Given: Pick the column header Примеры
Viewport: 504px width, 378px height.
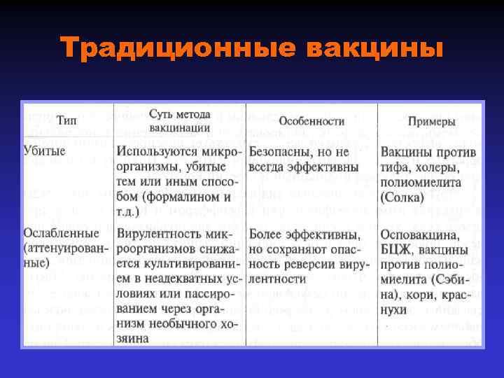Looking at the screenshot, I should (x=428, y=120).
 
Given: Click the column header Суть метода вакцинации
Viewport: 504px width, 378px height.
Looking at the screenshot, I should (x=180, y=120).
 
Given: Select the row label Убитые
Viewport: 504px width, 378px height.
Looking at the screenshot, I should (x=45, y=151).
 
